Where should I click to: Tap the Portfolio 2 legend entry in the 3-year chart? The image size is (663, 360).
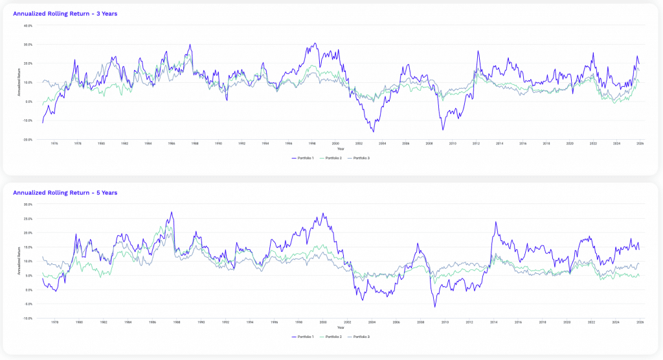(x=333, y=158)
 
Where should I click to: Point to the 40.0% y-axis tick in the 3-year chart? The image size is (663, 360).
(x=28, y=26)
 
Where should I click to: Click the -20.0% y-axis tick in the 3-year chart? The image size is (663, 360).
(x=27, y=139)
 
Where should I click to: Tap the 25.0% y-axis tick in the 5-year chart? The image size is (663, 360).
(x=28, y=218)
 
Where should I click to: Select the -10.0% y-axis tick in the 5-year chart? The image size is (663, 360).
(x=27, y=318)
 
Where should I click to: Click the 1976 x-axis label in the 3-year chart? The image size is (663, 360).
(x=54, y=144)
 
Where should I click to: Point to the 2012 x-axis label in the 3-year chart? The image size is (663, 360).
(x=476, y=144)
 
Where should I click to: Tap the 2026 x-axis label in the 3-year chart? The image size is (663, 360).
(x=640, y=144)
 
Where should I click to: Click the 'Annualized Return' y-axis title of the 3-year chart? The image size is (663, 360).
(x=19, y=83)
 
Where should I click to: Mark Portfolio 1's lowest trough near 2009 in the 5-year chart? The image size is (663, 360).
(x=435, y=306)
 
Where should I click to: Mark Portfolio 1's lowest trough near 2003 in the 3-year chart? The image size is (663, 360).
(x=373, y=131)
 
